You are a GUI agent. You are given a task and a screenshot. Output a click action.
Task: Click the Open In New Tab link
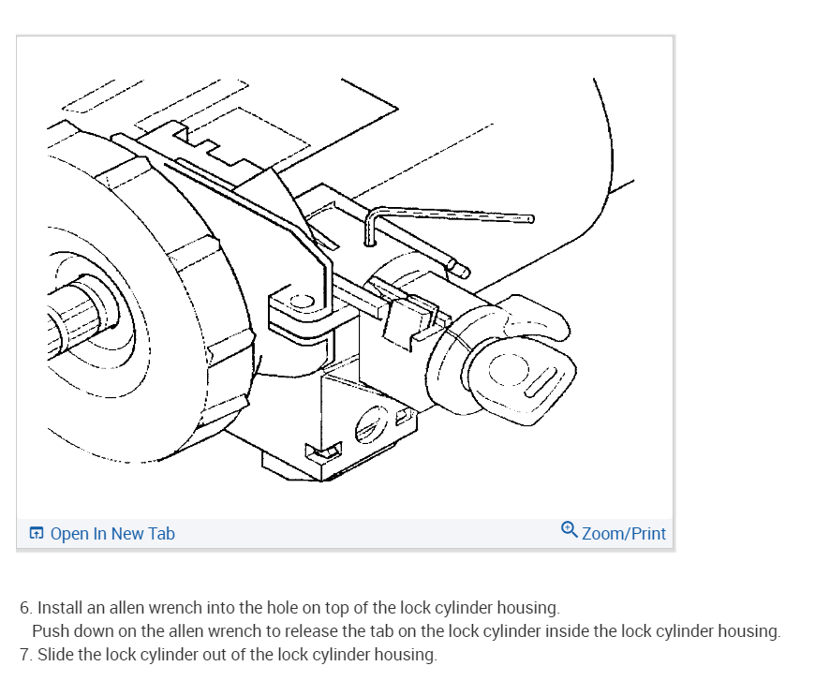tap(111, 534)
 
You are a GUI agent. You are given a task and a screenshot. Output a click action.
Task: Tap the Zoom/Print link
tap(623, 534)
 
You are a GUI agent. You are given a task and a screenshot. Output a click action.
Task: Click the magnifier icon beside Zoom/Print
tap(570, 530)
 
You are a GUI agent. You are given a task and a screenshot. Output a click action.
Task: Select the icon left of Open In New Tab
tap(37, 534)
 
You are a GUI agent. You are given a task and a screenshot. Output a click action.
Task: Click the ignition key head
tap(525, 374)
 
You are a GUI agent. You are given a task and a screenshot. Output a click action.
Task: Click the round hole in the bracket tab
tap(302, 302)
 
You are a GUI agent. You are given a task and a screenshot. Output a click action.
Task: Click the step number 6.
tap(25, 608)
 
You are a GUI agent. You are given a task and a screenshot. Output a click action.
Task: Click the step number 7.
tap(25, 654)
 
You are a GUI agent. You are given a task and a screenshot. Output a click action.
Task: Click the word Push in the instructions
tap(50, 631)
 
